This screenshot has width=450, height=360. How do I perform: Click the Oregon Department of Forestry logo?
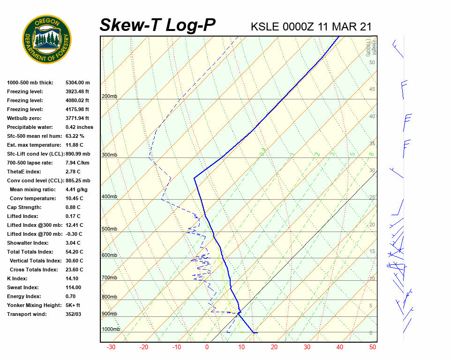(x=47, y=39)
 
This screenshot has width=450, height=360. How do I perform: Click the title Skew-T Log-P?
(x=158, y=25)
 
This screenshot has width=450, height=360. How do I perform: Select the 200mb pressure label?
(x=109, y=97)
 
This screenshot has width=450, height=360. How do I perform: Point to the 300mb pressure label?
(x=109, y=155)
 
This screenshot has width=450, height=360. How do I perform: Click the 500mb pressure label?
(x=109, y=229)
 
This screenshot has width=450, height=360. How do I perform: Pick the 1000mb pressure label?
(x=111, y=330)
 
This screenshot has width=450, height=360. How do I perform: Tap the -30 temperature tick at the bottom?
(x=111, y=347)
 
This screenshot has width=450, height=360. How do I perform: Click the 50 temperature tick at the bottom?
(x=373, y=347)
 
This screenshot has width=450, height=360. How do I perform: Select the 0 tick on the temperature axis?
(x=207, y=347)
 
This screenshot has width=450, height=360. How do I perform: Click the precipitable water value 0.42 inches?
(x=79, y=127)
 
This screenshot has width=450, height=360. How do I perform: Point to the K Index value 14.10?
(x=72, y=278)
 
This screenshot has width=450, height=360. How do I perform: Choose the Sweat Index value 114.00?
(x=73, y=287)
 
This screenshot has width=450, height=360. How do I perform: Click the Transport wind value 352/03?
(x=74, y=314)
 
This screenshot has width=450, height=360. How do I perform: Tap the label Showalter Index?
(x=28, y=243)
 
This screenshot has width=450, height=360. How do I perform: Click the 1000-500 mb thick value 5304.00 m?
(x=77, y=82)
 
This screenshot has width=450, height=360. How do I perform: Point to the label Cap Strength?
(x=24, y=207)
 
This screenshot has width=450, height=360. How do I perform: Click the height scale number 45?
(x=372, y=90)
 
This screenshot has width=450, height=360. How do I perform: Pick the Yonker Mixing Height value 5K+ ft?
(x=73, y=305)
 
